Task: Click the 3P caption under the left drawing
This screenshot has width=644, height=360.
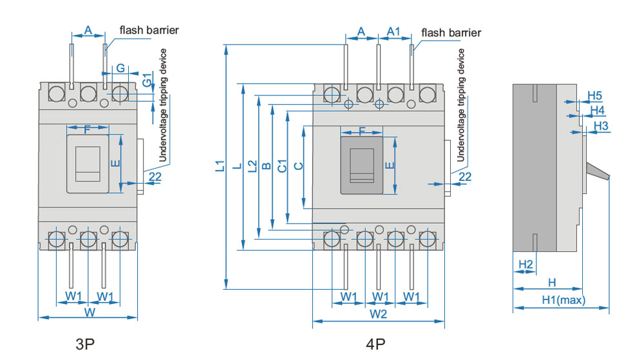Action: [85, 344]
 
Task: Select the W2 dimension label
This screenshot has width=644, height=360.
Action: [379, 314]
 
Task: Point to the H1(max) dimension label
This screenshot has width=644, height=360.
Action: [562, 299]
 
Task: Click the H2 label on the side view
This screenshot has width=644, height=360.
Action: [526, 264]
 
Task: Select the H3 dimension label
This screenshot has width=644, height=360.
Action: [600, 126]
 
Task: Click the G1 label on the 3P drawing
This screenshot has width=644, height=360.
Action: [147, 81]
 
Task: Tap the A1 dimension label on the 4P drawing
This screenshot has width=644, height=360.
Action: [393, 31]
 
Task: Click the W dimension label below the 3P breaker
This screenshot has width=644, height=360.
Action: [90, 313]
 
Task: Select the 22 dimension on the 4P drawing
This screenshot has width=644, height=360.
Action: [465, 176]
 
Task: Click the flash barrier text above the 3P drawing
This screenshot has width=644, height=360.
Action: [149, 30]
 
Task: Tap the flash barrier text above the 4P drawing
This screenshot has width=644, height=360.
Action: [451, 32]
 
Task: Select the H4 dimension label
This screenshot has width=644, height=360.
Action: [598, 110]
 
